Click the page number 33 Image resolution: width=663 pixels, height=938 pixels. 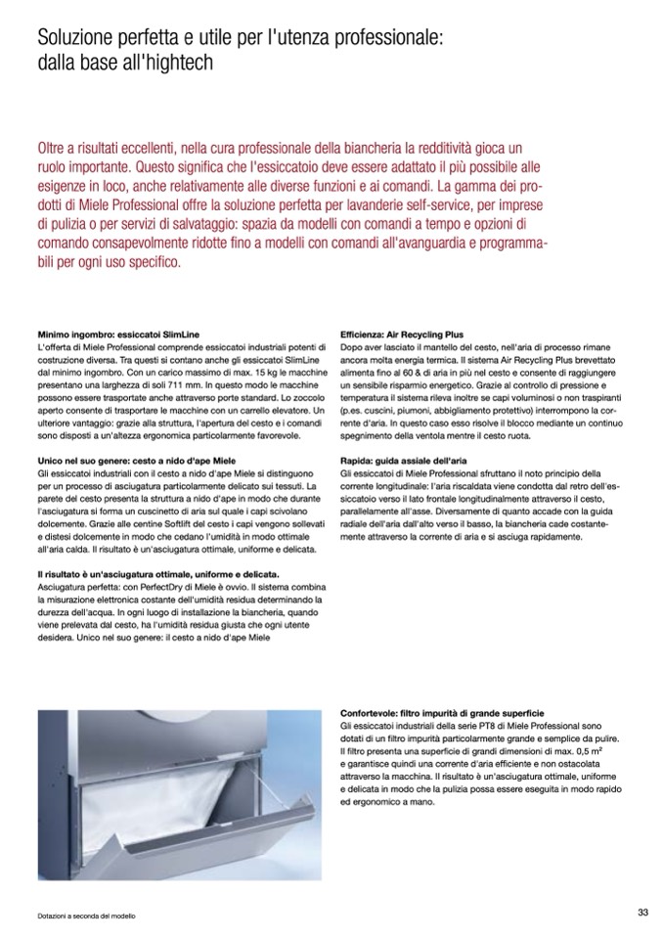pyautogui.click(x=642, y=912)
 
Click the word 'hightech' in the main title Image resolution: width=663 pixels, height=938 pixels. pyautogui.click(x=178, y=61)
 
